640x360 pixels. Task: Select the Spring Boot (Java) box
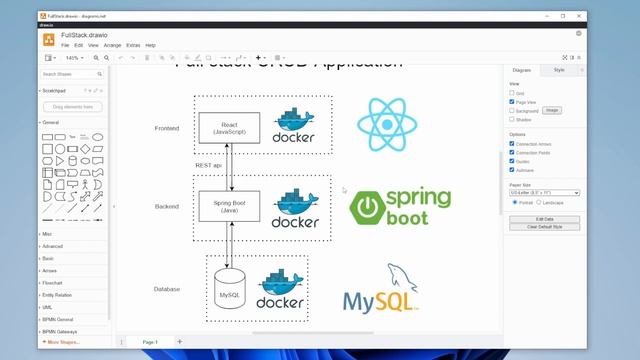tap(229, 207)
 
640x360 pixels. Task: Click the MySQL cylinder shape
tap(229, 290)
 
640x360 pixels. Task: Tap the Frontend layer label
tap(167, 128)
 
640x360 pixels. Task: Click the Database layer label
tap(167, 289)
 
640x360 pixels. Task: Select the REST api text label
tap(209, 164)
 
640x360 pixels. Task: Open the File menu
tap(65, 45)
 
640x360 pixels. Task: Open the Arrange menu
tap(112, 45)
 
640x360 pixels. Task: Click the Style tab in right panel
tap(559, 70)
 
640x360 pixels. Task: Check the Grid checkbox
tap(513, 93)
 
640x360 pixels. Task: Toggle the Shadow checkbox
tap(513, 119)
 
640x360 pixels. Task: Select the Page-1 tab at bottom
tap(149, 342)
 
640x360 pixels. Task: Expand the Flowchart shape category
tap(53, 282)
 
